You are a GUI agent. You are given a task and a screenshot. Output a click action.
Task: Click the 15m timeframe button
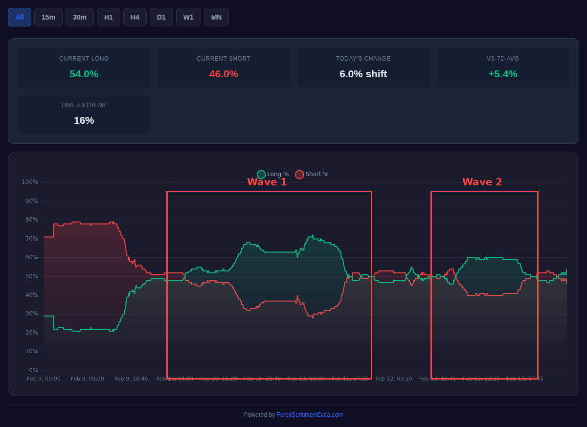48,17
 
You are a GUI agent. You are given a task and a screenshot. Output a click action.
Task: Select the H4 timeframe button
135,17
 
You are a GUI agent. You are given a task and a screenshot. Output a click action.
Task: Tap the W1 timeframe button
188,17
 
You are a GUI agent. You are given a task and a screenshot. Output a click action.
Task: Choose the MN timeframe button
216,17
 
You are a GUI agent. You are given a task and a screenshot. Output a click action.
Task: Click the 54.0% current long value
84,74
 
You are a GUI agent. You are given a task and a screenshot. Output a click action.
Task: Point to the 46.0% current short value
224,74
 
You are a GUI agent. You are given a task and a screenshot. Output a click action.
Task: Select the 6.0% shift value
363,74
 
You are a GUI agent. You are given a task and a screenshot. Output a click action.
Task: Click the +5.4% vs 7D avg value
502,74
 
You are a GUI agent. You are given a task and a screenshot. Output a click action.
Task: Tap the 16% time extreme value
84,120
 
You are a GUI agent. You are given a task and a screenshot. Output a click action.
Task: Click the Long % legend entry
273,174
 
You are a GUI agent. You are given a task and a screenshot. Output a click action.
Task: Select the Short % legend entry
312,174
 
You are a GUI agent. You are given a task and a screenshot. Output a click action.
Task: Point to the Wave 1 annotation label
267,182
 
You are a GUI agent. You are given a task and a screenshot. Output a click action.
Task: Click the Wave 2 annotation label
482,182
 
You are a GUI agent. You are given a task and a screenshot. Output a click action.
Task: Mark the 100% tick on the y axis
30,182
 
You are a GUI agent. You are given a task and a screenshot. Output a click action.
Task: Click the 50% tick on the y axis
31,276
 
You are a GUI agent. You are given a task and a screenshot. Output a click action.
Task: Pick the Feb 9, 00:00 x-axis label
44,379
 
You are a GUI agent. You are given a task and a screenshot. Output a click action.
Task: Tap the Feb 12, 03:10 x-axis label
393,379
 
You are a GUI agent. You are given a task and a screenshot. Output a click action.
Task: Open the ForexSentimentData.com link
309,415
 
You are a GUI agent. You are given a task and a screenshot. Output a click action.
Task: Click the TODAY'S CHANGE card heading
363,59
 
